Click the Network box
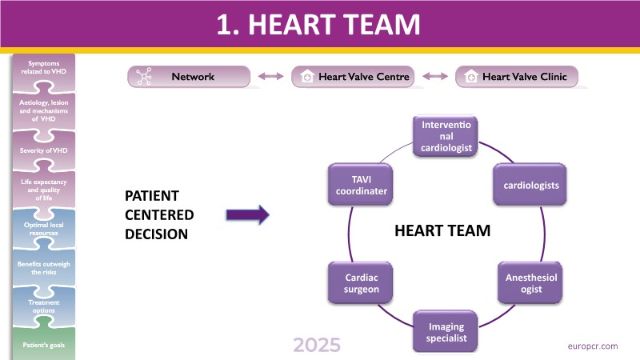[190, 77]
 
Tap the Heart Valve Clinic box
[516, 77]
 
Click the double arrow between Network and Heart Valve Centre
[272, 77]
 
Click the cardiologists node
[530, 186]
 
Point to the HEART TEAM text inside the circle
[442, 230]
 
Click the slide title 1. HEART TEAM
[320, 25]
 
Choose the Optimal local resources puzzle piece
[43, 230]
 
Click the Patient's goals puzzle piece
[43, 345]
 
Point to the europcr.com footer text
[590, 346]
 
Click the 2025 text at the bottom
[316, 346]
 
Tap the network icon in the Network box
[146, 77]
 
